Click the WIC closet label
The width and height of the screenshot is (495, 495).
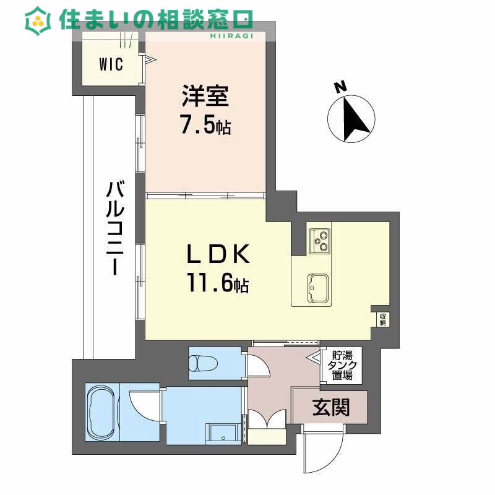coord(111,63)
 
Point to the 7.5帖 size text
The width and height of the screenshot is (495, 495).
coord(205,126)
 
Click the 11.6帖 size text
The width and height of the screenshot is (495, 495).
coord(218,284)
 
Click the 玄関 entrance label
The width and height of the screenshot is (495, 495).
coord(330,407)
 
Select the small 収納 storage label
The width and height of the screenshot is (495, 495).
coord(383,318)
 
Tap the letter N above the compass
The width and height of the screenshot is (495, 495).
coord(340,87)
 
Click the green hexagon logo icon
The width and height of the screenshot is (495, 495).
coord(38,20)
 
